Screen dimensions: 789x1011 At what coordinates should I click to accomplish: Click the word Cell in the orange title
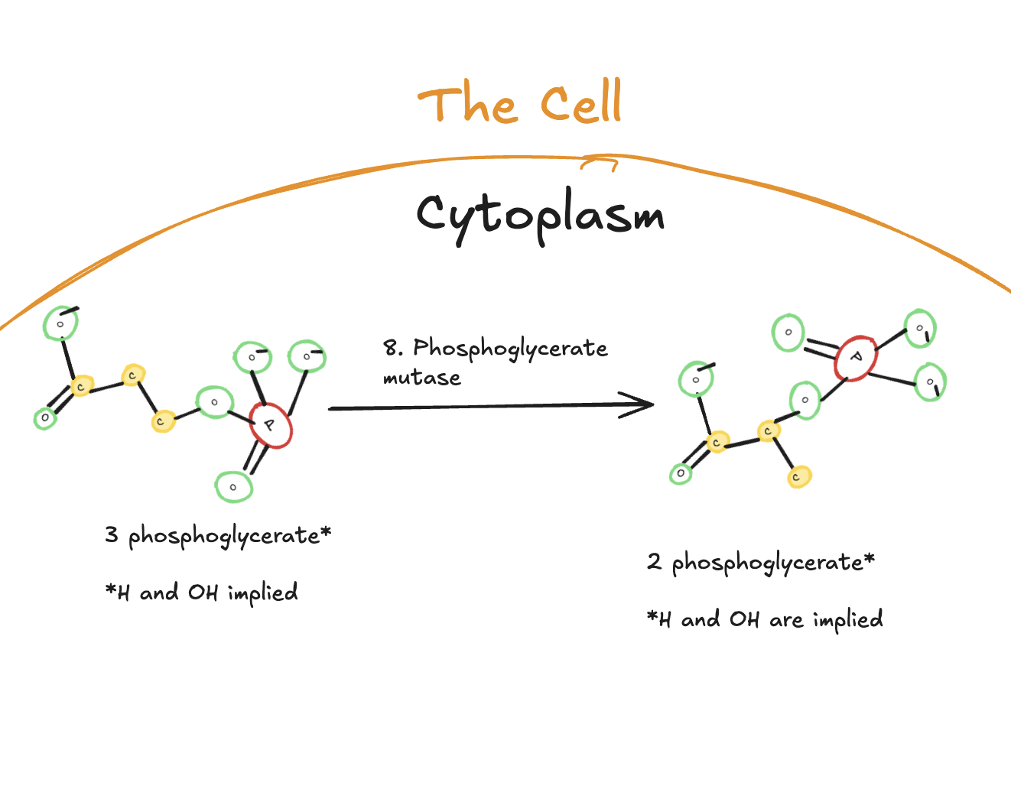tap(581, 104)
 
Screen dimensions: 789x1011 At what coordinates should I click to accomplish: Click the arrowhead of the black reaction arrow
tap(642, 404)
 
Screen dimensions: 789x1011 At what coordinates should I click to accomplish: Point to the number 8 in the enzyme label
tap(391, 349)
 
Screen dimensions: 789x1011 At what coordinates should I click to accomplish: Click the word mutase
tap(421, 378)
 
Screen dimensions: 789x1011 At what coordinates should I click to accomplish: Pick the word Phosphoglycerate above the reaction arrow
tap(510, 349)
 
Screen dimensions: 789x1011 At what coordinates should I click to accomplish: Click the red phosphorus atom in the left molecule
tap(270, 425)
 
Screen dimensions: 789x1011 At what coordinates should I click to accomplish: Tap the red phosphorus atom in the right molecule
tap(856, 358)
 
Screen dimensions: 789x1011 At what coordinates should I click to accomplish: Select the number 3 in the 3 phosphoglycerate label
tap(112, 534)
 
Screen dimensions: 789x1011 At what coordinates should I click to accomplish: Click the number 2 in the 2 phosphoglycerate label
tap(654, 562)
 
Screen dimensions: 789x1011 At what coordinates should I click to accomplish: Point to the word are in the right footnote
tap(786, 619)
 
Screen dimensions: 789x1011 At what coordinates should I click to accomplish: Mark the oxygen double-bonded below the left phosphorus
tap(234, 487)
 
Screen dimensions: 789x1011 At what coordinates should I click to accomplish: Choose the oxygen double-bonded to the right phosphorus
tap(788, 333)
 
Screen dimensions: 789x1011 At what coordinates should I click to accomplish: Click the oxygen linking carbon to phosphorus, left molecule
tap(215, 402)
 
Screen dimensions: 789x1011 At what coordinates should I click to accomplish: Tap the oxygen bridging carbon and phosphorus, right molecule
tap(805, 400)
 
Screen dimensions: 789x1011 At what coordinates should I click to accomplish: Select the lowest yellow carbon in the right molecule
tap(799, 477)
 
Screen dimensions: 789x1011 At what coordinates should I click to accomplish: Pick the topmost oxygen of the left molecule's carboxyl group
tap(60, 324)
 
